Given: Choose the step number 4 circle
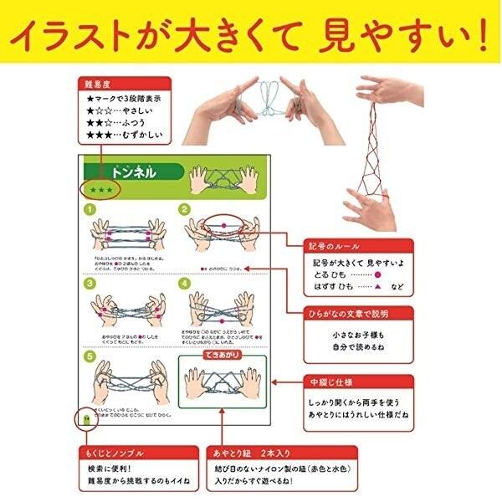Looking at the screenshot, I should tap(185, 284).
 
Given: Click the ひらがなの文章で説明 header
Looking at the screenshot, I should tap(357, 313).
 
